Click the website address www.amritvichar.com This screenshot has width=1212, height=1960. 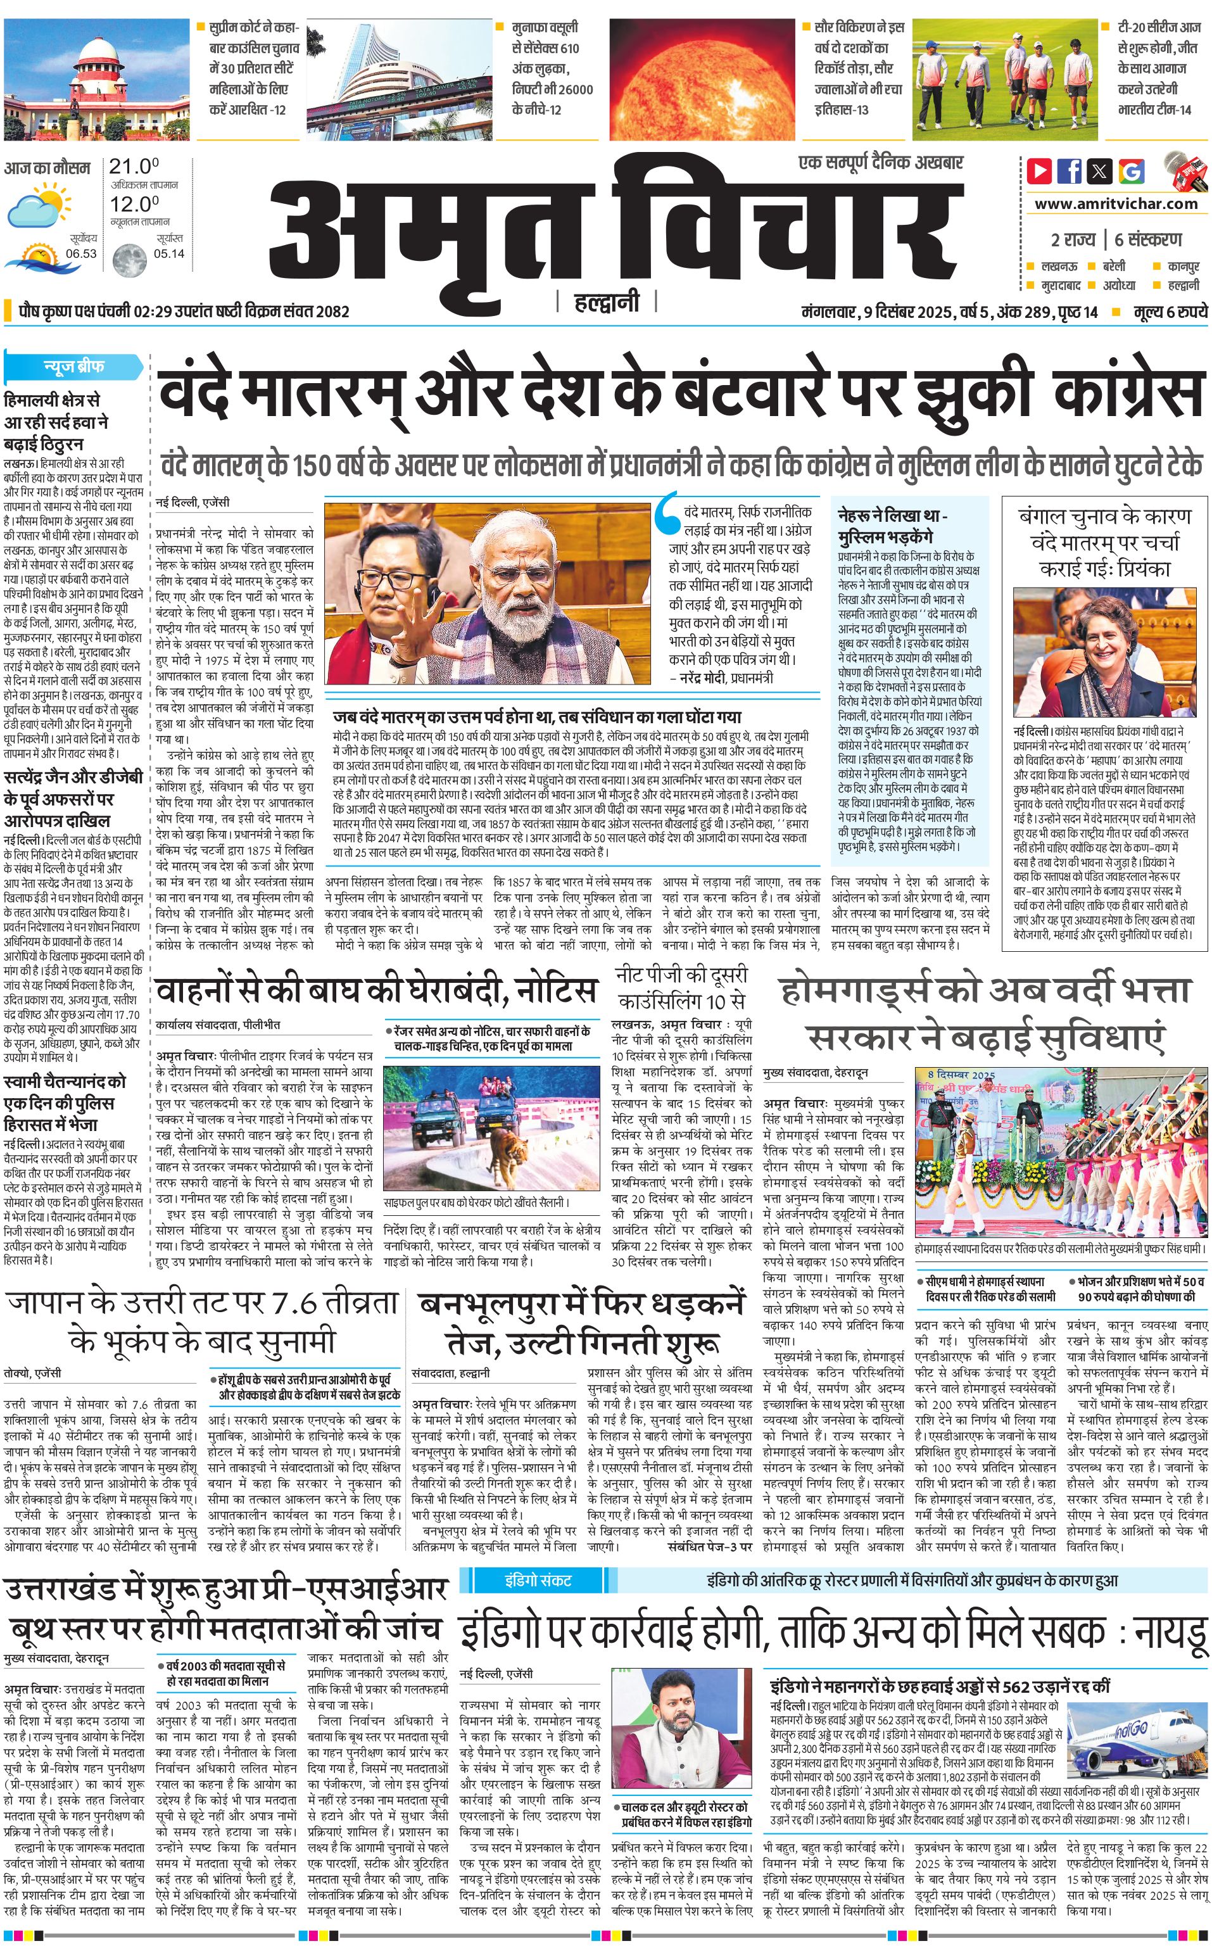coord(1116,204)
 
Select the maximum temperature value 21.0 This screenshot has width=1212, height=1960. coord(134,167)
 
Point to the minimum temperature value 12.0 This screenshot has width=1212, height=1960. coord(134,204)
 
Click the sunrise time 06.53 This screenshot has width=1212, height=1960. coord(81,253)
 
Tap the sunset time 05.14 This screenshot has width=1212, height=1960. coord(169,253)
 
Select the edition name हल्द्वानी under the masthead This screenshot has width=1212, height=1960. coord(607,302)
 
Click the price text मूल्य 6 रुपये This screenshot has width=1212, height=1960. coord(1170,312)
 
